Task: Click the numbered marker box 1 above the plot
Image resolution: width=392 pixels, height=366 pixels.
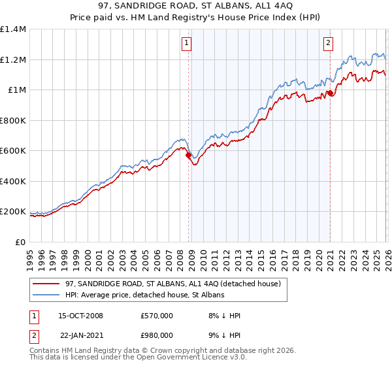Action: click(186, 43)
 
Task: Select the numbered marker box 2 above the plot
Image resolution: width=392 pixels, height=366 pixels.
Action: click(327, 43)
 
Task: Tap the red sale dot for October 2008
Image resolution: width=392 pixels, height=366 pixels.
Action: click(189, 156)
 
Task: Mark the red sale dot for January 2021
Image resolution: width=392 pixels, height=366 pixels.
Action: click(330, 93)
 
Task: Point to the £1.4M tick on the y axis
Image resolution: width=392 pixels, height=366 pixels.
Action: click(13, 29)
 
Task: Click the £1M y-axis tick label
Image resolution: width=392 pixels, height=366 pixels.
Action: click(16, 90)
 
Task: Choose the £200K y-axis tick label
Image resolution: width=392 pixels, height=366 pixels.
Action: click(13, 212)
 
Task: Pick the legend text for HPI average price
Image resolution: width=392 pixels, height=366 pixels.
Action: click(144, 295)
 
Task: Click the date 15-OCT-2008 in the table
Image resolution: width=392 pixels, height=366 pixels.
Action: click(81, 316)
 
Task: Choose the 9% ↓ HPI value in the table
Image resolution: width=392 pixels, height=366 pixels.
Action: click(222, 335)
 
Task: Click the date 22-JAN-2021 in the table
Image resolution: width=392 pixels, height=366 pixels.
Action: click(81, 335)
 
